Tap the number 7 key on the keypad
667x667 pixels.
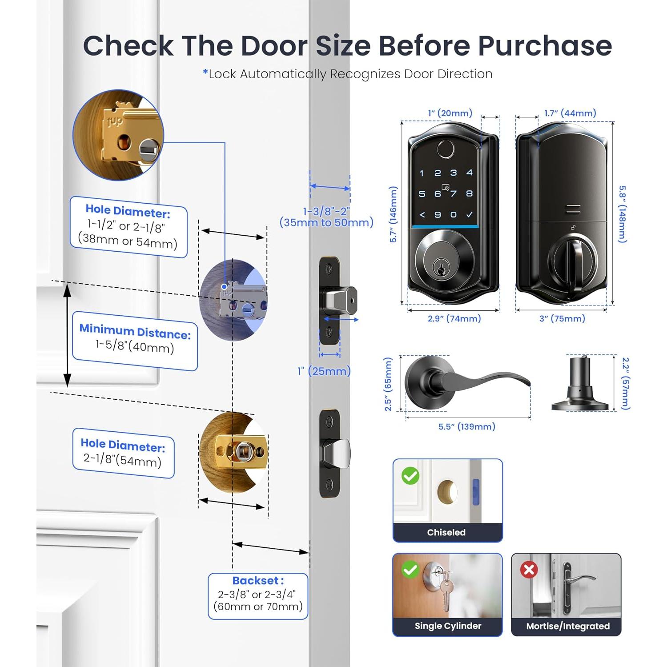(x=454, y=194)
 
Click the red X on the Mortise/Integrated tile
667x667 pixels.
(x=529, y=570)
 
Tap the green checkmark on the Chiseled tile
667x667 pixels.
(x=410, y=476)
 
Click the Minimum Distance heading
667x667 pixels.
(x=135, y=332)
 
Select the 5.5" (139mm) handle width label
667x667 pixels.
(x=466, y=427)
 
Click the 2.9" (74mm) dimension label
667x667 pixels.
(x=454, y=319)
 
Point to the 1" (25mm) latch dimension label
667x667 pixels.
(x=324, y=371)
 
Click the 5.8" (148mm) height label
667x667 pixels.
(x=623, y=214)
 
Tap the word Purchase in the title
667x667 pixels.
(x=545, y=46)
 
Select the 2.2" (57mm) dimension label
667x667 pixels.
(x=626, y=383)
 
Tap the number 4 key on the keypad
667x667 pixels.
(x=469, y=173)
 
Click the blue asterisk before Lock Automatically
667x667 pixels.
(x=205, y=72)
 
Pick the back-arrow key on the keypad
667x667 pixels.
(x=422, y=215)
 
